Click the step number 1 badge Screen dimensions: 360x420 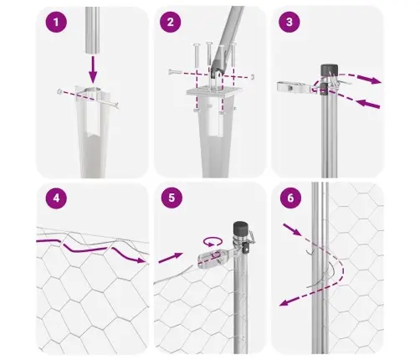coord(55,24)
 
